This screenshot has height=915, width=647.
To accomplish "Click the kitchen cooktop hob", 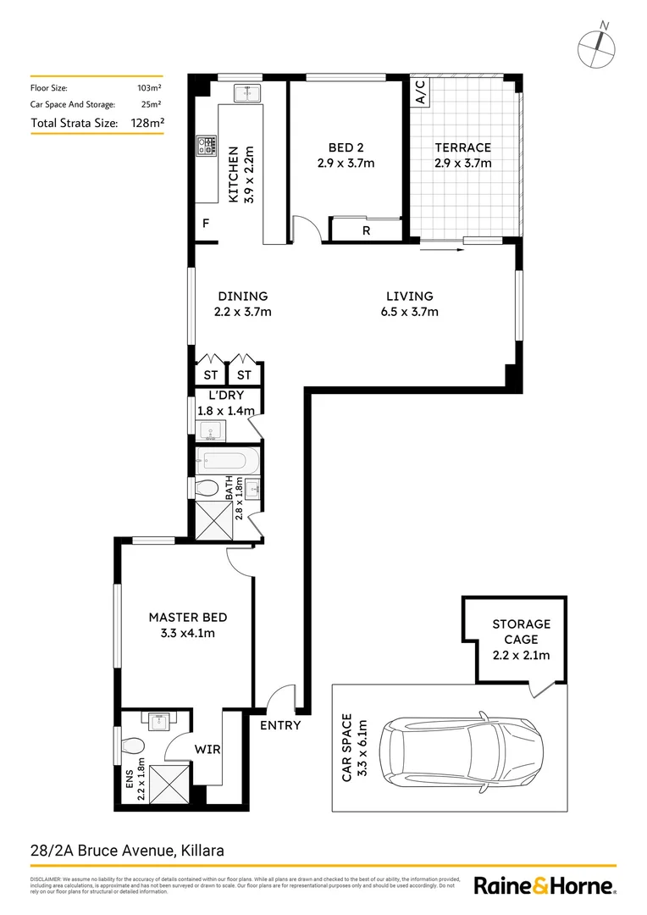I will pyautogui.click(x=205, y=147).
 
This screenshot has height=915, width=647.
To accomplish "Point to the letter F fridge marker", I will pyautogui.click(x=204, y=224).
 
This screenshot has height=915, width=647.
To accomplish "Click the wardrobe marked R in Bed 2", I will pyautogui.click(x=365, y=230).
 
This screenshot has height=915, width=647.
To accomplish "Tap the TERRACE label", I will pyautogui.click(x=462, y=147).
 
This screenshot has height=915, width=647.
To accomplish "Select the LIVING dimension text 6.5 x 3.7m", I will pyautogui.click(x=409, y=312).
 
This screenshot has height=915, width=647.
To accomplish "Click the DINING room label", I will pyautogui.click(x=242, y=297).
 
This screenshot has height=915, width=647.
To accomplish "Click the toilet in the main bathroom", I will pyautogui.click(x=205, y=489).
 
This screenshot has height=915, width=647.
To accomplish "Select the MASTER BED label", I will pyautogui.click(x=187, y=617).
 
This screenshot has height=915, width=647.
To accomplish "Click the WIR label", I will pyautogui.click(x=207, y=750).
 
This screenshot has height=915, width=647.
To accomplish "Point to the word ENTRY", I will pyautogui.click(x=279, y=725).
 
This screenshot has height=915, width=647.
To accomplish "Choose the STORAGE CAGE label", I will pyautogui.click(x=521, y=631).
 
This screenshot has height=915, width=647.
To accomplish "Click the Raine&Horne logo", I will pyautogui.click(x=543, y=886).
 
